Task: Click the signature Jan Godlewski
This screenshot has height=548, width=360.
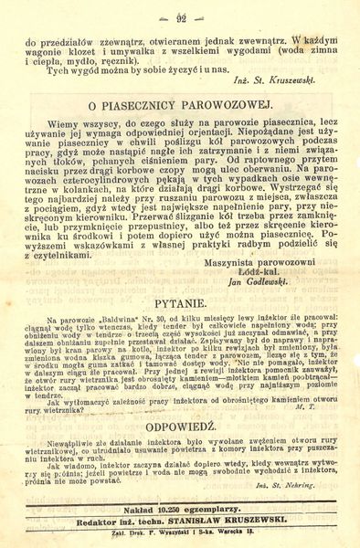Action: click(x=281, y=282)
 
